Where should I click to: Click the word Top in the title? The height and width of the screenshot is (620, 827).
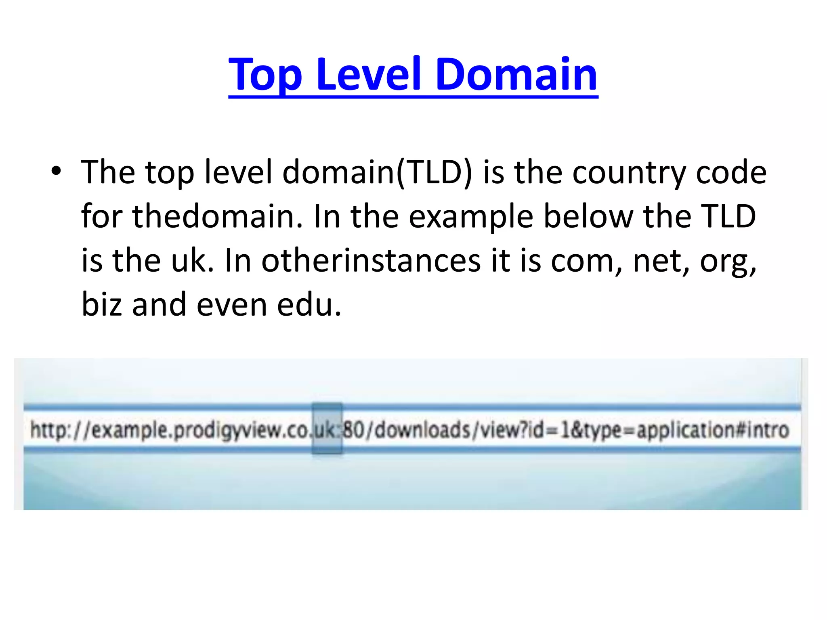point(265,75)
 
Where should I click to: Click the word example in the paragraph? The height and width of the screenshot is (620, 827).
point(470,217)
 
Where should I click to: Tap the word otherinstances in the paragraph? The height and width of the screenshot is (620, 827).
point(371,261)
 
